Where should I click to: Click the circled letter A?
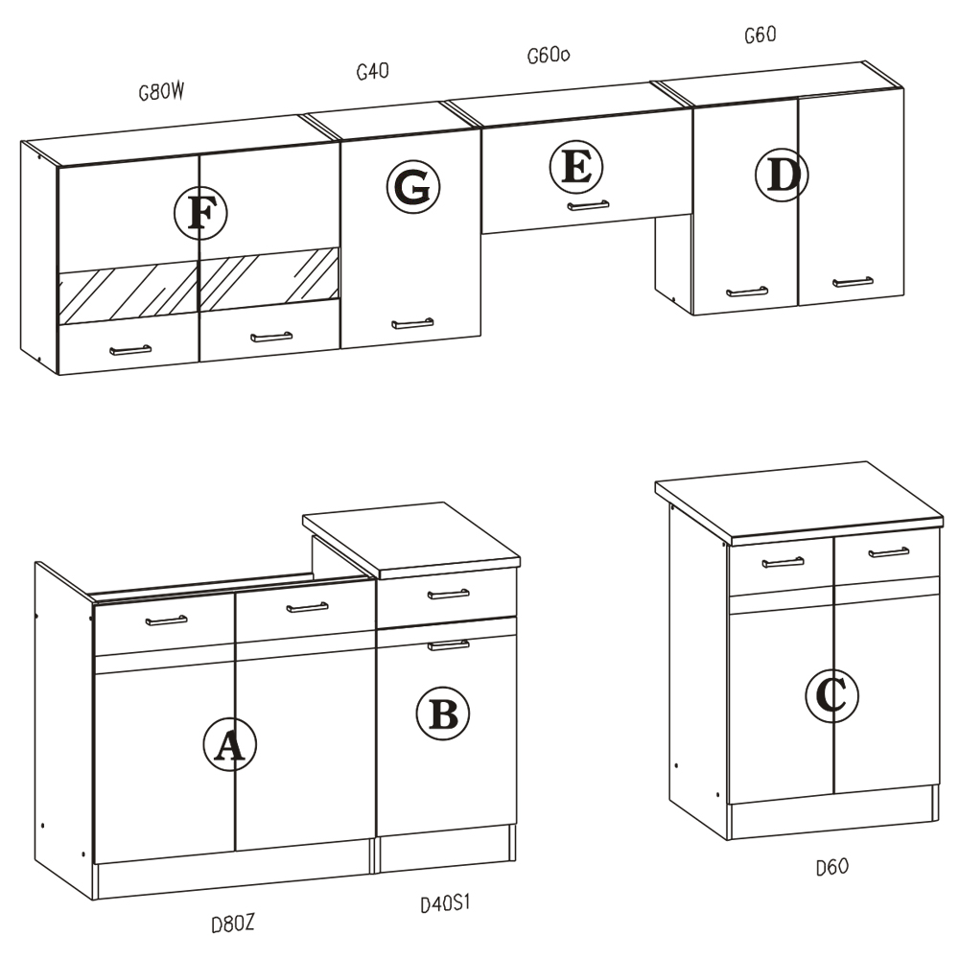click(x=229, y=744)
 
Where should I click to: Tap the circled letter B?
click(x=443, y=713)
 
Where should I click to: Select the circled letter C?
click(x=831, y=695)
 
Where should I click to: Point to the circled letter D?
click(x=782, y=175)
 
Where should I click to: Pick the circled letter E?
click(x=576, y=167)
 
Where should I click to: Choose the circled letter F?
click(x=200, y=213)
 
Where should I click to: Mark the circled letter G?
click(x=412, y=187)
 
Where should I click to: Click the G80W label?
click(x=161, y=92)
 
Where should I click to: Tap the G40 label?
click(x=372, y=72)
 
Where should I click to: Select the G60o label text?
click(x=549, y=56)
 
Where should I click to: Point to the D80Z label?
click(x=232, y=924)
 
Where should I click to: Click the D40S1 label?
click(x=445, y=903)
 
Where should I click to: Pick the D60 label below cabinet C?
click(x=832, y=867)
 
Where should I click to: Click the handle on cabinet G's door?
click(x=412, y=323)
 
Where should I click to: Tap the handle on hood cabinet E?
click(x=589, y=205)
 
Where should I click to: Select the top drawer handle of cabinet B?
click(x=448, y=594)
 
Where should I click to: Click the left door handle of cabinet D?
click(x=747, y=292)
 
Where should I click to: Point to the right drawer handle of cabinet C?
click(x=889, y=552)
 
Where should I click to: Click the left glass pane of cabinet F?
click(x=128, y=292)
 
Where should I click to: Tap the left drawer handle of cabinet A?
click(x=166, y=620)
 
